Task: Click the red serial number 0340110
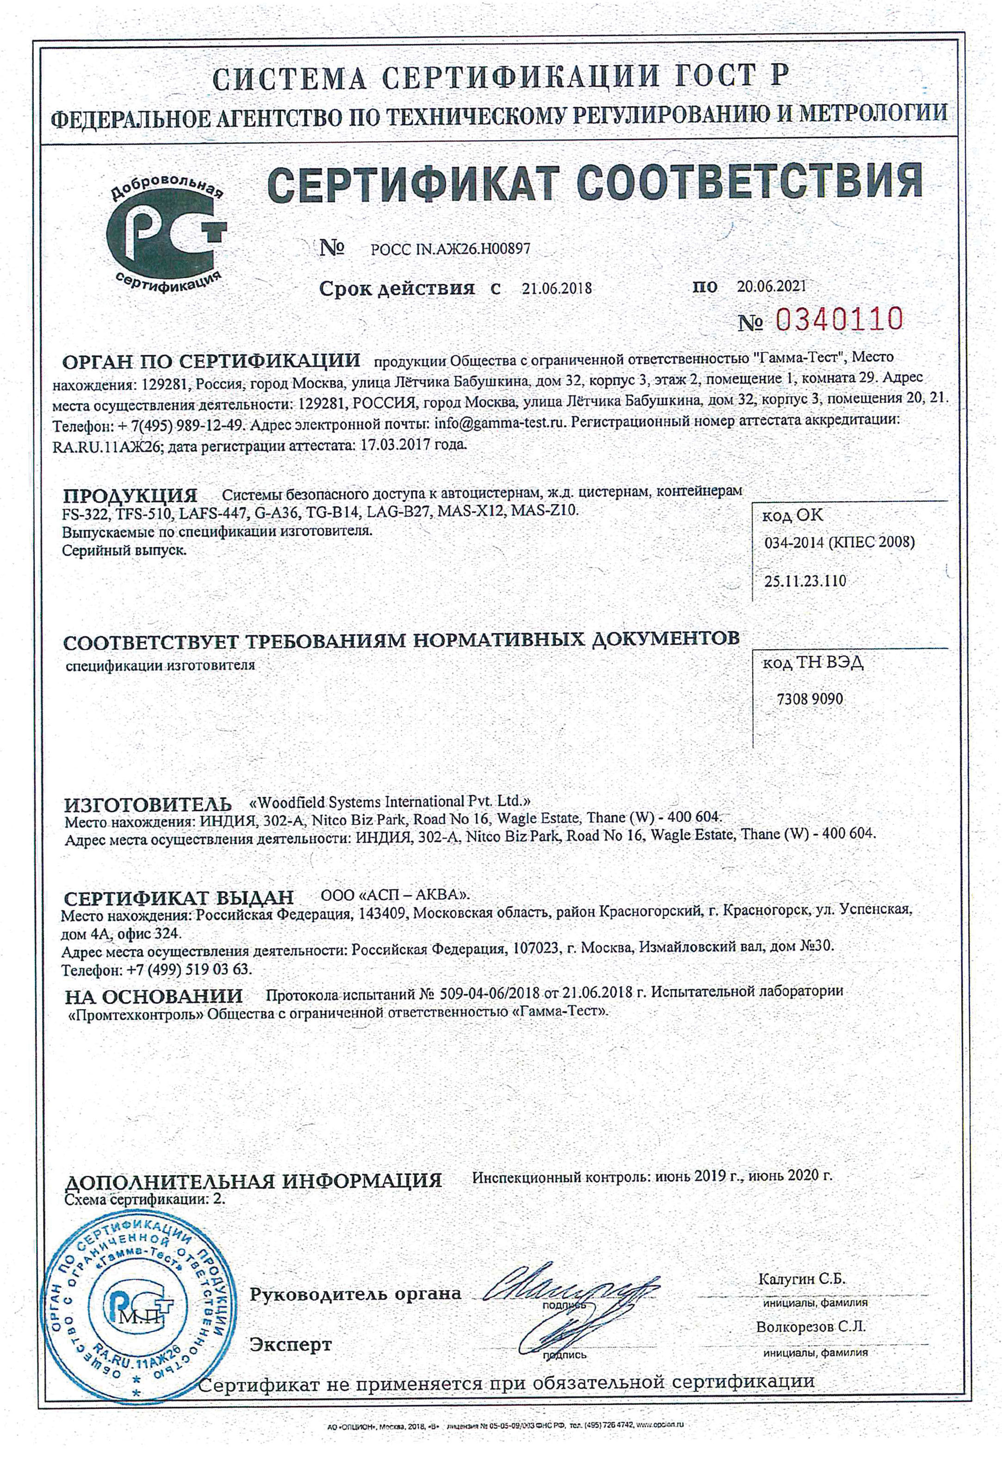(840, 321)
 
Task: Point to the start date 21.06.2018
(557, 289)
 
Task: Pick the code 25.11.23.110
(805, 581)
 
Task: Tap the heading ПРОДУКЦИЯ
(131, 495)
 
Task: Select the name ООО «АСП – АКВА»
(396, 895)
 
